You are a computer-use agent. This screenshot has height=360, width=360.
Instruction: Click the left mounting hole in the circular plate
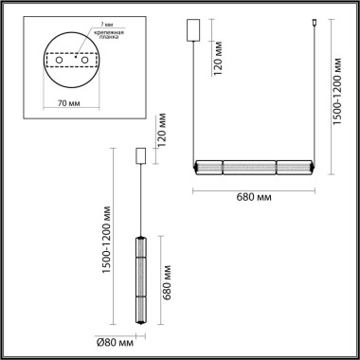coord(62,60)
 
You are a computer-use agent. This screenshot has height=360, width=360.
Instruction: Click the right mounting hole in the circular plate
coord(83,60)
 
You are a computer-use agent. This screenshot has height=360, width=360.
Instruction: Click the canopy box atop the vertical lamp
coord(141,155)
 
